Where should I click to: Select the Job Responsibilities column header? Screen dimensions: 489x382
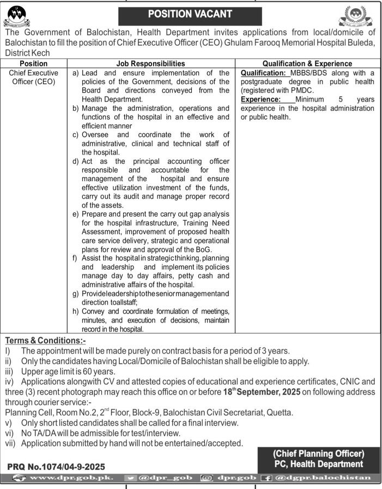151,64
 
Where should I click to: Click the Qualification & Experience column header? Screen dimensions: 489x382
307,64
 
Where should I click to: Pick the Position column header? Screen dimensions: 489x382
33,64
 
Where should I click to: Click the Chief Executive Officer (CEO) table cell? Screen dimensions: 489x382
34,77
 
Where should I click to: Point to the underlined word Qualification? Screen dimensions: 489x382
265,73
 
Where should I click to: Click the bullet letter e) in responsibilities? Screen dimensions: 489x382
75,214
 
